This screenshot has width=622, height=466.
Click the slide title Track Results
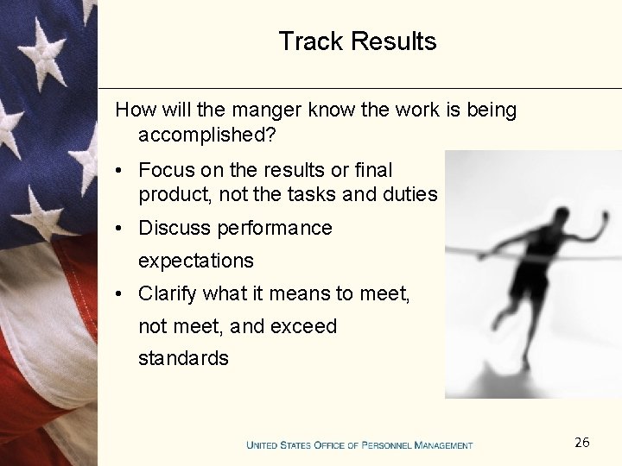click(358, 41)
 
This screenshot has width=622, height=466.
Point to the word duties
click(410, 195)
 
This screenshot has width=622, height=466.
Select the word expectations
click(196, 261)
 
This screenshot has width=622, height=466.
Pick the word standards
click(183, 358)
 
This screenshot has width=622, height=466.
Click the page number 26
click(582, 443)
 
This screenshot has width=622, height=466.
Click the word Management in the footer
click(443, 445)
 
